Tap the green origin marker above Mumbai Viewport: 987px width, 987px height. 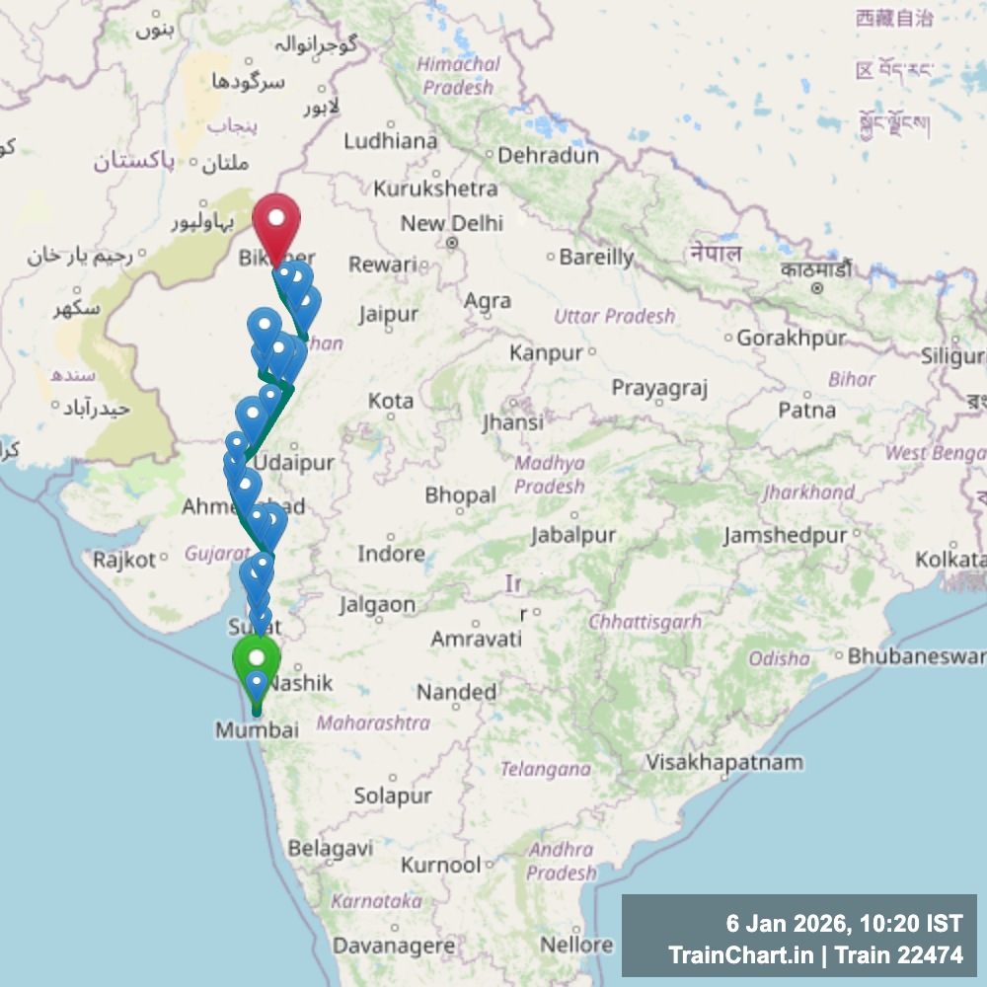(x=257, y=659)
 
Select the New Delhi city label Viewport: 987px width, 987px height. (x=451, y=224)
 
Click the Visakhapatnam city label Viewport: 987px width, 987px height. (x=723, y=762)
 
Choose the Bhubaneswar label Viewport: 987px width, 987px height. (x=915, y=655)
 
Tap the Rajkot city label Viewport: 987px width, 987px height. (x=124, y=561)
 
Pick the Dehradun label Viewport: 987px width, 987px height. (x=548, y=156)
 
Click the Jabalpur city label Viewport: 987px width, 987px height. (x=572, y=535)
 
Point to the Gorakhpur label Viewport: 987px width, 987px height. (x=792, y=339)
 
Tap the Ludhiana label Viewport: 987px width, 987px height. (x=391, y=141)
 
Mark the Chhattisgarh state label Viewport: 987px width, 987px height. (x=645, y=622)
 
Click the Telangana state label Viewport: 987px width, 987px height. (x=545, y=769)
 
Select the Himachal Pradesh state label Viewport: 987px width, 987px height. (x=458, y=75)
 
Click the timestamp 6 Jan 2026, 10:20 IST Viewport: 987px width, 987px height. (x=843, y=925)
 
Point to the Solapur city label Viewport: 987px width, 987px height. (x=393, y=796)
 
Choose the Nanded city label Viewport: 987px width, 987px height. (x=456, y=692)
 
